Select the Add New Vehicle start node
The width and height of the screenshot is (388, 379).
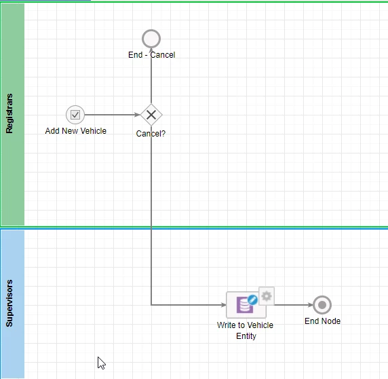75,115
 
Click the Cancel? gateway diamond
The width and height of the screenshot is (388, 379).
151,115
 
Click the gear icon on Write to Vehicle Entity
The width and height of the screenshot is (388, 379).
267,296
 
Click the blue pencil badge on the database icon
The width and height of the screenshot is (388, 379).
252,300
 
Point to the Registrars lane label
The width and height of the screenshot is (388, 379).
9,113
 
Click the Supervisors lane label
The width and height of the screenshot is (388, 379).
9,303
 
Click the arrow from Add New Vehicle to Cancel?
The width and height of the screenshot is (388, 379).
113,115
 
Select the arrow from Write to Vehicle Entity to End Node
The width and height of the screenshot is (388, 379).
294,305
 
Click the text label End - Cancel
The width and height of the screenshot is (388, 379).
151,55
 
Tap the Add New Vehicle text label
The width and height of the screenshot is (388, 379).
76,131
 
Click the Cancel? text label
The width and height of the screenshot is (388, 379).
151,134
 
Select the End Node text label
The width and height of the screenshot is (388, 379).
322,321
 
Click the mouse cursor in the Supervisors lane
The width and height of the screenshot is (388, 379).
101,363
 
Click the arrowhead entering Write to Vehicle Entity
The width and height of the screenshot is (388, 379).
224,305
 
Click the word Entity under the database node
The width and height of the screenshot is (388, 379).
246,336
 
